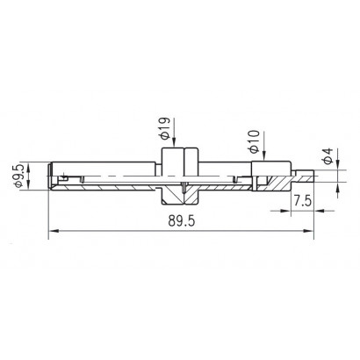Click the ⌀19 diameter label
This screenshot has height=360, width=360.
[165, 128]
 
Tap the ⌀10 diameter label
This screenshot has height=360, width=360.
[255, 141]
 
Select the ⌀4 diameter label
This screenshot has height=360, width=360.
[328, 155]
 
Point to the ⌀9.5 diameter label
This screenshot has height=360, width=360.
[18, 176]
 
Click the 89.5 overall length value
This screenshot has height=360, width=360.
[182, 221]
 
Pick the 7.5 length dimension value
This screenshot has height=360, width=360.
[303, 201]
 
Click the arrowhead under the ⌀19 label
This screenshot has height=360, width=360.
[174, 142]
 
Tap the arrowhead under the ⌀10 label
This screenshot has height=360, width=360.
[264, 156]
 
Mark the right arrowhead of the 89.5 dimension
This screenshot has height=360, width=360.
[309, 231]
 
